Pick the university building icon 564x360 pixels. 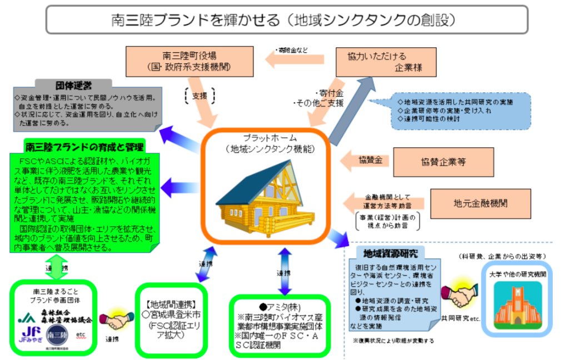[516, 303]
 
